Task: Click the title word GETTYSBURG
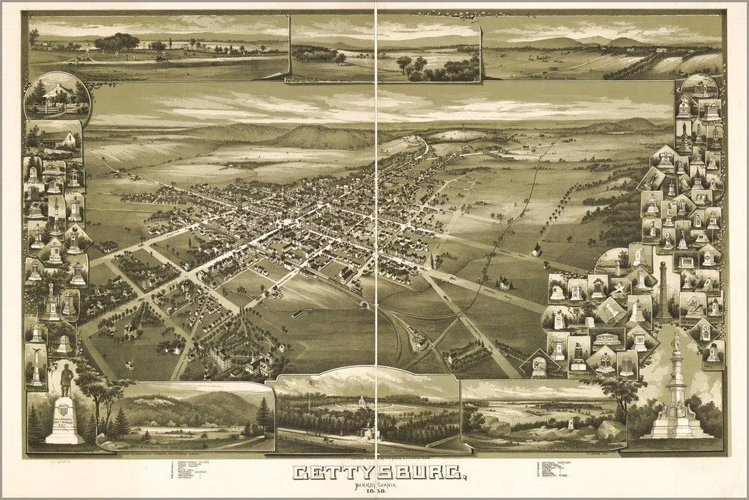(380, 474)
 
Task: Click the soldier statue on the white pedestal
(66, 380)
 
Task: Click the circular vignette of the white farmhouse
(57, 96)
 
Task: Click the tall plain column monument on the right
(663, 289)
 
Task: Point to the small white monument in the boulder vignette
(569, 424)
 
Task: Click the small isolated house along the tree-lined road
(536, 250)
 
